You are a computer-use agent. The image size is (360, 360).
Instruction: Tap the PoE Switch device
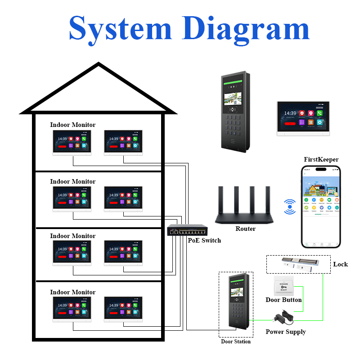[x=188, y=230]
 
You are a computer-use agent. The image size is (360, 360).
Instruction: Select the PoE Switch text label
[x=204, y=240]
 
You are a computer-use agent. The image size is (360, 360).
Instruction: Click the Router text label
[x=245, y=229]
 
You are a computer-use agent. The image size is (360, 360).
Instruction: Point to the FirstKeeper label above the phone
[x=321, y=159]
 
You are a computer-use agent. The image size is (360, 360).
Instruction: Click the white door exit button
[x=283, y=286]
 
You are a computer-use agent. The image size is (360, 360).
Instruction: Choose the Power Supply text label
[x=285, y=332]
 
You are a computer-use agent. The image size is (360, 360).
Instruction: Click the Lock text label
[x=340, y=264]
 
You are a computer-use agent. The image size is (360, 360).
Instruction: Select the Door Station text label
[x=235, y=342]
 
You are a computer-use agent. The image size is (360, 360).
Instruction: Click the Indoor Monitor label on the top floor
[x=72, y=125]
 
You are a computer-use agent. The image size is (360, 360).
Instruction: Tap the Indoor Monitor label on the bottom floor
[x=72, y=292]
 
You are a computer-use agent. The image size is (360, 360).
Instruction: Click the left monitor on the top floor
[x=72, y=143]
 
